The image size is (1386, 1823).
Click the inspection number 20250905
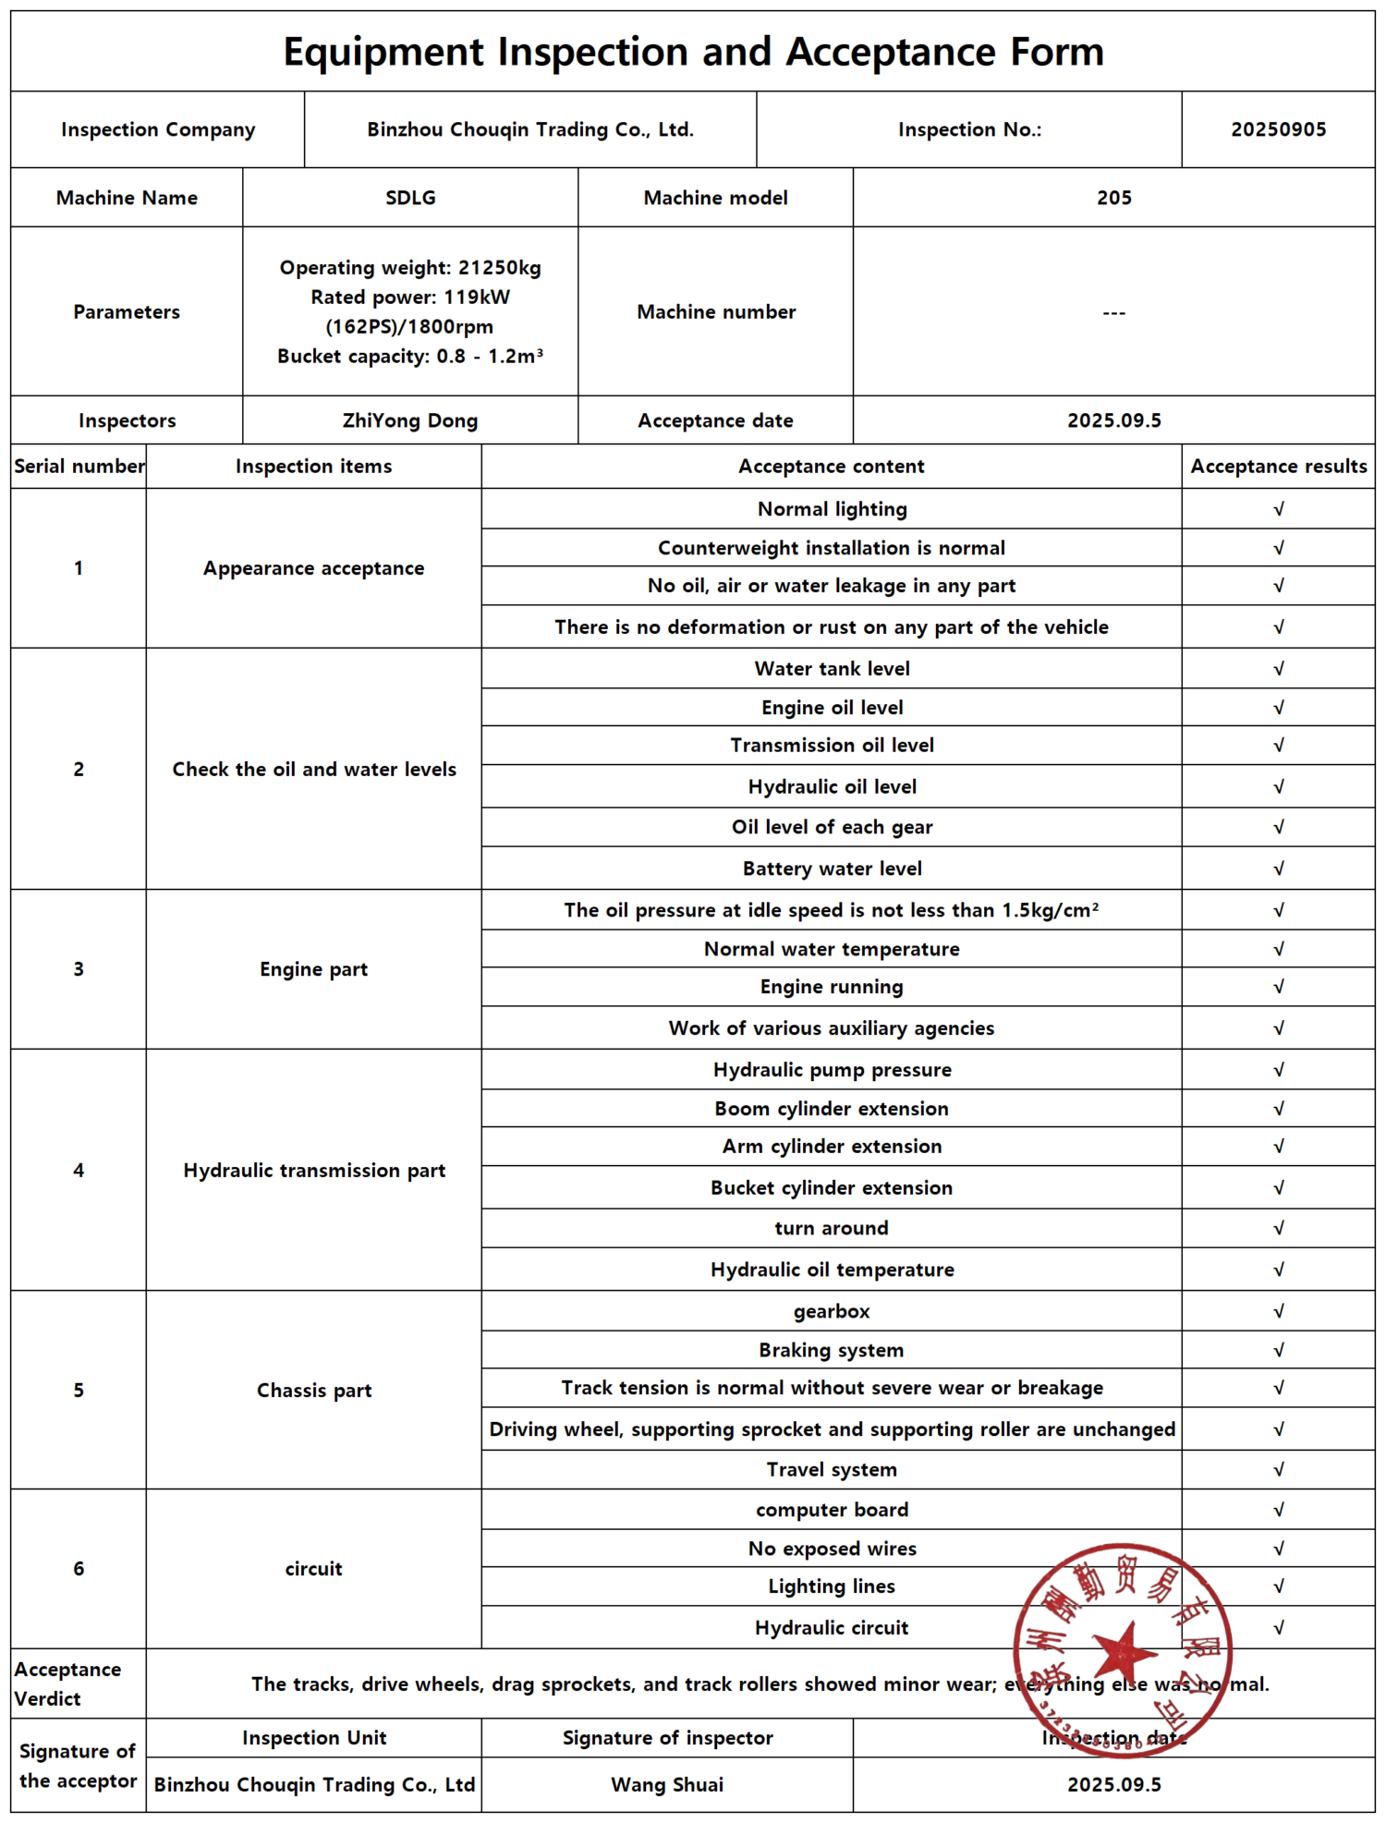pos(1278,129)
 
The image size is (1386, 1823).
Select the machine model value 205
pos(1113,198)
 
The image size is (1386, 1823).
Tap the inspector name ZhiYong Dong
pos(410,420)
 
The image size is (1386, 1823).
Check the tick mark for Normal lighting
pos(1279,509)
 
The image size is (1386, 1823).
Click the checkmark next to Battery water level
pos(1279,869)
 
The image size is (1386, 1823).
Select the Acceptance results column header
pos(1278,467)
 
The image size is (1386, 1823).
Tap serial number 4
pos(79,1171)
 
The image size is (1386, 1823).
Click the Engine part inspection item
pos(313,969)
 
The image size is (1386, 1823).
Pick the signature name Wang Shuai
pos(667,1784)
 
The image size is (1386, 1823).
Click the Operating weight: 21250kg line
pos(410,268)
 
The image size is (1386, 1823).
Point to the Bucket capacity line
pos(410,357)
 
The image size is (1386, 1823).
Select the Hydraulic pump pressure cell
pos(832,1070)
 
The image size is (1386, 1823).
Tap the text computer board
pos(832,1510)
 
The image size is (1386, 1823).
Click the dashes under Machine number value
pos(1113,312)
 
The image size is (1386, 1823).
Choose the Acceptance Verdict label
pos(67,1683)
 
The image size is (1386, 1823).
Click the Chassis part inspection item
pos(313,1391)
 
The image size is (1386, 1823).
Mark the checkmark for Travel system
pos(1279,1469)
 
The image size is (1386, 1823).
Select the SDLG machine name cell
pos(410,198)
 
